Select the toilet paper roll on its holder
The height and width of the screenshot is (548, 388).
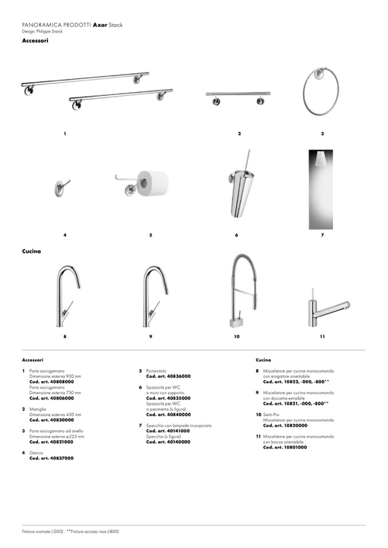[152, 182]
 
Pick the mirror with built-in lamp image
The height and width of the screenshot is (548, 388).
[320, 189]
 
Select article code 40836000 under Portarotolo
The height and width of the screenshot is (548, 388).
[168, 377]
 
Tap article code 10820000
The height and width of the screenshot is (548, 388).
[285, 426]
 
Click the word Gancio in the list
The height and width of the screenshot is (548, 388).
[37, 453]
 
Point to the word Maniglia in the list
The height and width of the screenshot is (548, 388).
[38, 409]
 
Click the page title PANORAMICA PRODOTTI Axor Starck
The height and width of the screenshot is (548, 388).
[72, 26]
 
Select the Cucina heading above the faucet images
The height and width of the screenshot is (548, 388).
[31, 251]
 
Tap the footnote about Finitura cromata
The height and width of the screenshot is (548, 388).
[70, 531]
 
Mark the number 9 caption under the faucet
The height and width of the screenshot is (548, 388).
[151, 337]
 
